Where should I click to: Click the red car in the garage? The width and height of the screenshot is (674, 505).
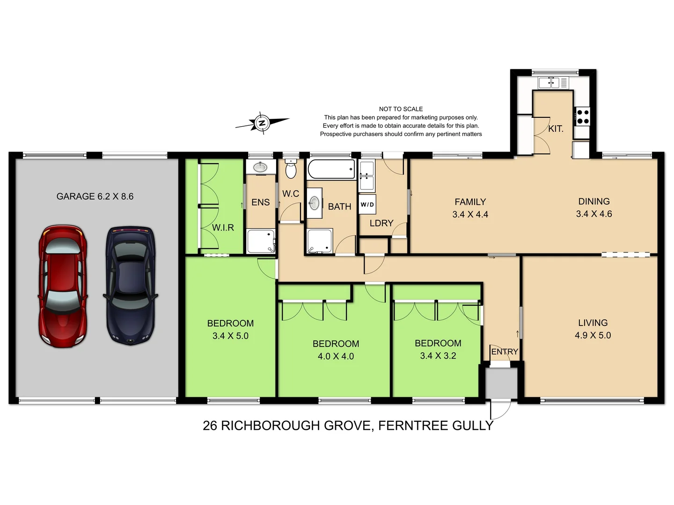click(x=63, y=286)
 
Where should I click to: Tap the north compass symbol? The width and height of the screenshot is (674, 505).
click(x=262, y=123)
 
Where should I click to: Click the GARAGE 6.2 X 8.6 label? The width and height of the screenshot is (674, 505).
click(x=95, y=196)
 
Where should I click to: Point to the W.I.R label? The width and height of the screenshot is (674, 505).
click(x=223, y=228)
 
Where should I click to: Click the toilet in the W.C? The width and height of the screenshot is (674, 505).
click(x=291, y=170)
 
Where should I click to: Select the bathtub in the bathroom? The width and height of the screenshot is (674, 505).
click(x=331, y=169)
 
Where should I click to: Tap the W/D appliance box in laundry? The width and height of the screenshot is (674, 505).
click(x=367, y=204)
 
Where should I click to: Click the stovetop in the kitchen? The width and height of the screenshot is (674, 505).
click(x=582, y=116)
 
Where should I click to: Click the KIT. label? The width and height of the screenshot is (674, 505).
click(x=556, y=129)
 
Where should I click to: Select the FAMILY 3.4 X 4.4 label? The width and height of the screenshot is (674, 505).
click(x=470, y=208)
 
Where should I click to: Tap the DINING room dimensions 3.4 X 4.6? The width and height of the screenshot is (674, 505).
click(x=593, y=214)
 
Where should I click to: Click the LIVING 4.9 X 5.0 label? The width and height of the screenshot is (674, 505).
click(x=593, y=329)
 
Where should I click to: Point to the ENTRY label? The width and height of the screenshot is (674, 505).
click(x=504, y=352)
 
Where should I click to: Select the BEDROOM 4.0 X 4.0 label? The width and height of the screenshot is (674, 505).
click(x=336, y=350)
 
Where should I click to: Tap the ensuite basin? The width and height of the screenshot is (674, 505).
click(x=260, y=167)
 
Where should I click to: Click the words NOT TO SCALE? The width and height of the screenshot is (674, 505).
click(x=401, y=109)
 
